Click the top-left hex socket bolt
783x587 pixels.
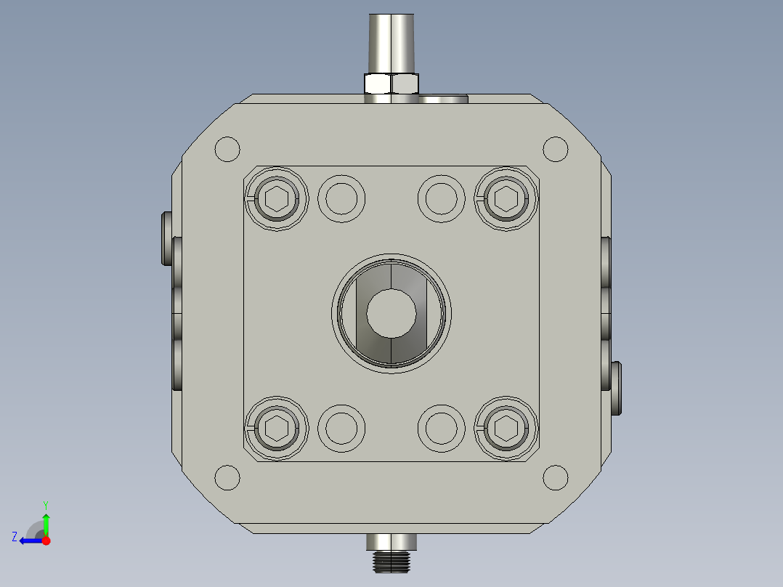point(276,199)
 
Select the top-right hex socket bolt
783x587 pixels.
point(506,199)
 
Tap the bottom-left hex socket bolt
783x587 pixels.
point(276,428)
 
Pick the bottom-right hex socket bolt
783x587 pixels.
point(506,428)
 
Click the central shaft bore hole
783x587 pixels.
point(391,313)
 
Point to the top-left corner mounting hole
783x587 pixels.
point(227,149)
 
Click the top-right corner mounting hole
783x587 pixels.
point(555,149)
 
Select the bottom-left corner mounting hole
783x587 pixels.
point(227,477)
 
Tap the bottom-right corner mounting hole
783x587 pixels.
point(555,477)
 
